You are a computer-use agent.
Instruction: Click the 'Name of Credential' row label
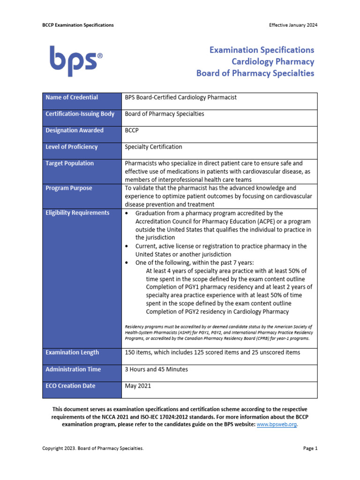[x=72, y=97]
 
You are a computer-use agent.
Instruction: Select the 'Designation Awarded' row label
[x=75, y=130]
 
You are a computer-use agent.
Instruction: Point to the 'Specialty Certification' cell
[x=153, y=147]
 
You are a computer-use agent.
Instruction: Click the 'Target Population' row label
[x=69, y=163]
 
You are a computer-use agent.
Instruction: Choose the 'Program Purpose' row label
[x=69, y=188]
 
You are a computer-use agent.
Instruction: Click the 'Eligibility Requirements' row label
[x=77, y=213]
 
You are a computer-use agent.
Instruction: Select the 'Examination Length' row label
[x=72, y=352]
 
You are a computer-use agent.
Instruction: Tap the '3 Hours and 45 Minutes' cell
[x=156, y=369]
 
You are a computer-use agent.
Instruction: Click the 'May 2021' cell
[x=138, y=386]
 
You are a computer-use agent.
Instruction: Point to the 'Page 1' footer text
[x=310, y=449]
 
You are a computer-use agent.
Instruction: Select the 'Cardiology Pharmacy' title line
[x=273, y=61]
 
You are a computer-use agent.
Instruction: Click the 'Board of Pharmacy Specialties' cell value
[x=164, y=114]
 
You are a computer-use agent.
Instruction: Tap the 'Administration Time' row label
[x=73, y=369]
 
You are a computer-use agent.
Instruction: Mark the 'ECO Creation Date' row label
[x=70, y=386]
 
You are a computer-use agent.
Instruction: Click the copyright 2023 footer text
[x=93, y=449]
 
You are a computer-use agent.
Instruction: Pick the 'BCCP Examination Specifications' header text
[x=78, y=25]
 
